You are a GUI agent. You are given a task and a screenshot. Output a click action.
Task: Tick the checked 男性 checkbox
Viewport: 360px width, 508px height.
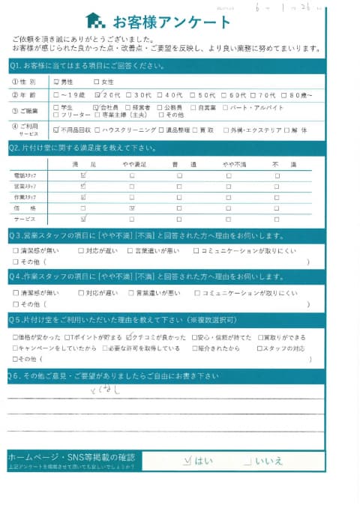(x=57, y=82)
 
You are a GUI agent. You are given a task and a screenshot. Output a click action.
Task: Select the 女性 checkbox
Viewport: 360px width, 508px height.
(x=96, y=82)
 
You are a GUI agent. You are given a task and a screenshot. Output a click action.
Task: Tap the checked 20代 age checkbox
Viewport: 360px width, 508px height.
(x=97, y=94)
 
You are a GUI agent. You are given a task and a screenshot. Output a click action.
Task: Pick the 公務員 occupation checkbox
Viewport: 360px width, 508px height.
(x=160, y=107)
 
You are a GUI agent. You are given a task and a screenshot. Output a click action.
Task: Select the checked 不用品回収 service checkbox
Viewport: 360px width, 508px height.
(x=57, y=130)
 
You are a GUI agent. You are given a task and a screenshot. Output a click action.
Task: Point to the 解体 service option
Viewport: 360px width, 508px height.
(x=295, y=130)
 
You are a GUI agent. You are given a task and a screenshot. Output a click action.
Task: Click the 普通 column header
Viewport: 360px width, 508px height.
(x=180, y=163)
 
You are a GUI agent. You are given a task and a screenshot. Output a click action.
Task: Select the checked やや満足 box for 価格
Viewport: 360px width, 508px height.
(x=132, y=207)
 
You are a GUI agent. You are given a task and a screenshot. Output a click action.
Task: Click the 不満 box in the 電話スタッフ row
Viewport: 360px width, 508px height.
(x=277, y=175)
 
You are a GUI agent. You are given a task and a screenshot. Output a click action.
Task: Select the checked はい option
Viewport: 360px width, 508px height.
(x=187, y=460)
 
